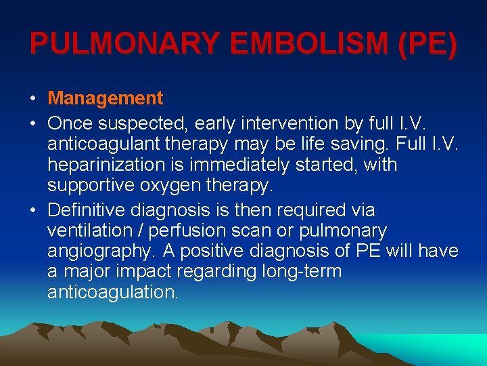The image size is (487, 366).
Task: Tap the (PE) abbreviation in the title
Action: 428,44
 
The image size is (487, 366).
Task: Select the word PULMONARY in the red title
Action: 125,44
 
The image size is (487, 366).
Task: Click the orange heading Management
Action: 106,98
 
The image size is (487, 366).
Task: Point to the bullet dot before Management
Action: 33,99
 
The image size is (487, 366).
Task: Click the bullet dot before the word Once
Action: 33,124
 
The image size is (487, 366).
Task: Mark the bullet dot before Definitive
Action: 33,211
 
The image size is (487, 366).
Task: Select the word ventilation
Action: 87,230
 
